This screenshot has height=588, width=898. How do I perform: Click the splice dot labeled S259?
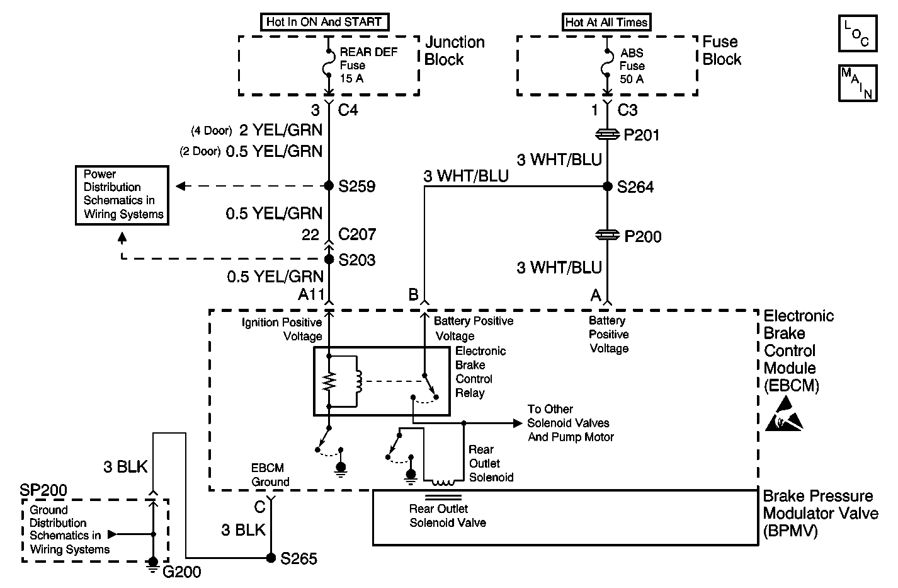(329, 186)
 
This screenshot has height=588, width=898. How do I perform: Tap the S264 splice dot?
(607, 186)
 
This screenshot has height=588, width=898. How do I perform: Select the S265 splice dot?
(271, 558)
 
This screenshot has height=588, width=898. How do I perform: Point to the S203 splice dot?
(329, 259)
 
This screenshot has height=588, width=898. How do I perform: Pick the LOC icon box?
(858, 33)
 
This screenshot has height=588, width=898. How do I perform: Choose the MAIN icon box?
(858, 83)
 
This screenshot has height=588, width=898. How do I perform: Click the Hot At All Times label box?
(606, 22)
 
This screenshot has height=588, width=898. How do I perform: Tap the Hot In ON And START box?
(324, 21)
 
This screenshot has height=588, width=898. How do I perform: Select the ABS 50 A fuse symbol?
(607, 64)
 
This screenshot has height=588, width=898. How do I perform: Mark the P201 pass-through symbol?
(607, 135)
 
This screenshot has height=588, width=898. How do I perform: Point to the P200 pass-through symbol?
(607, 236)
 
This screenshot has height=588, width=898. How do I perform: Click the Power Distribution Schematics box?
(122, 195)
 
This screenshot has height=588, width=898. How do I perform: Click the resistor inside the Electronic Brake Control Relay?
(329, 381)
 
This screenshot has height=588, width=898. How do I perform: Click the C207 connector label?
(357, 234)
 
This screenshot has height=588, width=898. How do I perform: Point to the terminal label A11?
(311, 295)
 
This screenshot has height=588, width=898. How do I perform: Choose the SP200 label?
(43, 490)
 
